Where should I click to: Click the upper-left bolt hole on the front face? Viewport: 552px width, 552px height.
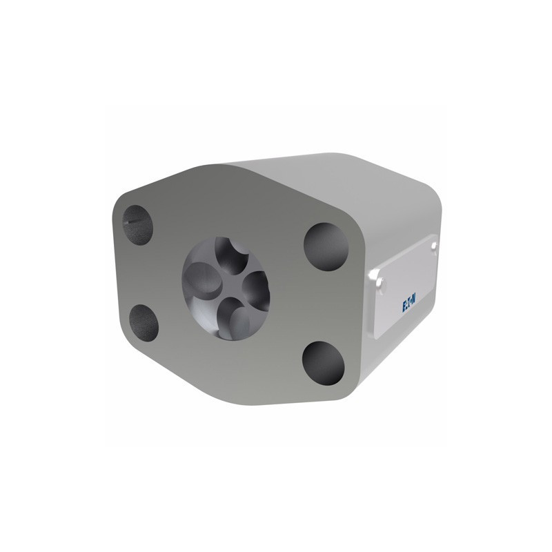pyautogui.click(x=137, y=225)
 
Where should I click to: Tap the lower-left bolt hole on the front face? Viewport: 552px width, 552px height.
pyautogui.click(x=144, y=323)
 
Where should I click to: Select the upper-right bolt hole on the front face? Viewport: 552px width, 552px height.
pyautogui.click(x=326, y=246)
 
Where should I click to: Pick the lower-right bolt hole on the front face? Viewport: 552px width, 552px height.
pyautogui.click(x=323, y=363)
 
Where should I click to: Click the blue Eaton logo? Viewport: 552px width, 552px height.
pyautogui.click(x=409, y=304)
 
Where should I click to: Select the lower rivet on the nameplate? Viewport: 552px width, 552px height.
pyautogui.click(x=380, y=283)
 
